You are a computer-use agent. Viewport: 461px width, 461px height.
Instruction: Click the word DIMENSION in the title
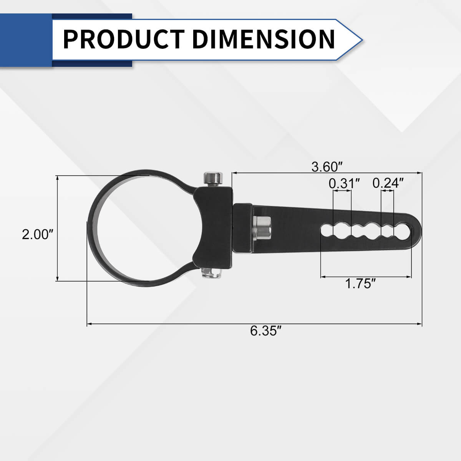tap(264, 39)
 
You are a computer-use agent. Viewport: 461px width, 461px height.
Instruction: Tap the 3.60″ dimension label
tap(327, 167)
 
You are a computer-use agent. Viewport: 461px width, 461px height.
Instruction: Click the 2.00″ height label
tap(37, 234)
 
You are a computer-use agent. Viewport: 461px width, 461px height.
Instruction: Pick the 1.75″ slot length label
tap(360, 284)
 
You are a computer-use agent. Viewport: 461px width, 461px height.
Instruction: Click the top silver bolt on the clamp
tap(213, 178)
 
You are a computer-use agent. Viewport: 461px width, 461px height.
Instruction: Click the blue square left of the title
tap(26, 40)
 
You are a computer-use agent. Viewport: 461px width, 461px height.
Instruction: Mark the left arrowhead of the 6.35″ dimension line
tap(89, 324)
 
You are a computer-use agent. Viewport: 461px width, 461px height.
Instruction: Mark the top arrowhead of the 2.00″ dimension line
tap(57, 178)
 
